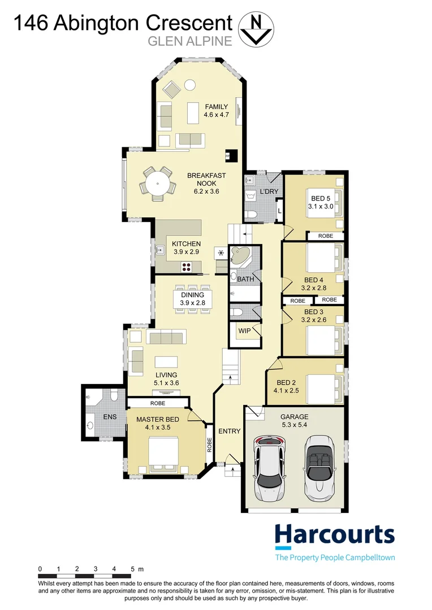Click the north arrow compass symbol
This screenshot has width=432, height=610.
pos(256,29)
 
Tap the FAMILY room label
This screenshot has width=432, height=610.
pos(216,107)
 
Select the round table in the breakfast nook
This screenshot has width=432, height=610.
pos(157,184)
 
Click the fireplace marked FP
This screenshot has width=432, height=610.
pos(230,155)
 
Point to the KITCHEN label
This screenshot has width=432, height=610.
pos(186,244)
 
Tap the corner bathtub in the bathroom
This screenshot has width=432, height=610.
pos(240,256)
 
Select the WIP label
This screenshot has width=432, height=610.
pos(244,331)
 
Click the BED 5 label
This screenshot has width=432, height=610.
pos(321,198)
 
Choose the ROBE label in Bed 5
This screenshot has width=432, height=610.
pos(326,236)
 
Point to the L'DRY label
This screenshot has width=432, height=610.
pos(269,191)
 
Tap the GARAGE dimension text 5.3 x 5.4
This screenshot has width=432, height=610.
pos(295,425)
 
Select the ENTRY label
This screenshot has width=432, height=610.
pos(229,431)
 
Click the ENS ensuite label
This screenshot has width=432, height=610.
pos(110,417)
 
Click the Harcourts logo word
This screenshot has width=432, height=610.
pos(335,535)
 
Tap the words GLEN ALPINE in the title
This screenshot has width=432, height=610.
pos(190,41)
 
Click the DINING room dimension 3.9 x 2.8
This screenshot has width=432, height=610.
pos(192,303)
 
